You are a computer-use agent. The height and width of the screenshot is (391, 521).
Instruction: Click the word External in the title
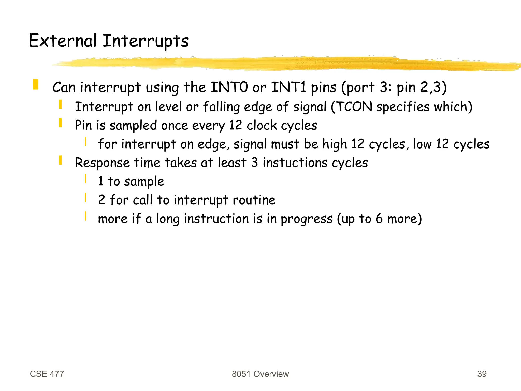[63, 41]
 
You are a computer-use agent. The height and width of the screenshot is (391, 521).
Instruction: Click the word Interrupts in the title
[146, 41]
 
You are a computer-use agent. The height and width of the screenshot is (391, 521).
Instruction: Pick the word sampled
[133, 126]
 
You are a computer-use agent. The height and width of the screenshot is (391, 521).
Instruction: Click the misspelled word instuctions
[295, 163]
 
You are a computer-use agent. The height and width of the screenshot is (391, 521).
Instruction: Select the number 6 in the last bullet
[379, 219]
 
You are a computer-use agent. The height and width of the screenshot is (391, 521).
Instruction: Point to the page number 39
[482, 374]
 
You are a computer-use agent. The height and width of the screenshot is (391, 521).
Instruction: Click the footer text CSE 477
[47, 374]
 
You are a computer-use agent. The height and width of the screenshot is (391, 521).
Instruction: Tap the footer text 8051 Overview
[260, 374]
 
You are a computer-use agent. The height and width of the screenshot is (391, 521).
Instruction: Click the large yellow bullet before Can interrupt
[36, 85]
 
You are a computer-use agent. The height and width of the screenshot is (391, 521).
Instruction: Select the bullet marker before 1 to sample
[86, 179]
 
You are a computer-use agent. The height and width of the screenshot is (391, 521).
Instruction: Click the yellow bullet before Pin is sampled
[61, 123]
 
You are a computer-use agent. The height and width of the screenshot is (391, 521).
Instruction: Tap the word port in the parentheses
[360, 88]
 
